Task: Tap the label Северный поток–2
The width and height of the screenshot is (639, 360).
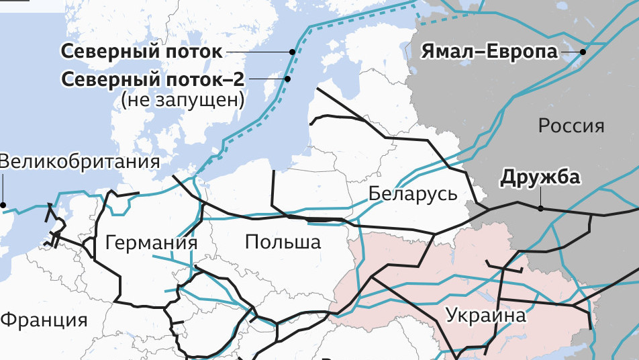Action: coord(153,79)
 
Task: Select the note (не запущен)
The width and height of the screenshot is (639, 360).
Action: coord(182,100)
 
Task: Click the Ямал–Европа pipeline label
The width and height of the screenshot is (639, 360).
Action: coord(489,52)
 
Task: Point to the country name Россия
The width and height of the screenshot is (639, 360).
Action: coord(571,126)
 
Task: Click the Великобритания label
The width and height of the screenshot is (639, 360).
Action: coord(79,162)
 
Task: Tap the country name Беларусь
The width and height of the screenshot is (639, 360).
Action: coord(413,194)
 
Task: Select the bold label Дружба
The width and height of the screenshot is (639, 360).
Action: coord(540,178)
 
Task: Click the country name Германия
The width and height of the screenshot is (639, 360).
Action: coord(152,242)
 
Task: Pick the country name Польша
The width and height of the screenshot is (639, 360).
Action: coord(283,242)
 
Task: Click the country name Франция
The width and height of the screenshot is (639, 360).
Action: coord(44,319)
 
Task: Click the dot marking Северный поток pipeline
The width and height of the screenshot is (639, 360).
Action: coord(293,52)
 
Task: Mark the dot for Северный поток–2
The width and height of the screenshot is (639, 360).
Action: coord(287,79)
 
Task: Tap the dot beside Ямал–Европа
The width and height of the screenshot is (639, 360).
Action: coord(583,52)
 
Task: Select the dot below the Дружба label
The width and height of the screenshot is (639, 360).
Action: coord(540,208)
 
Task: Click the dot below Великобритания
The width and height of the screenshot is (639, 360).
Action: coord(3,205)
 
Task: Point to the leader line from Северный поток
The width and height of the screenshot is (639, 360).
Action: coord(258,52)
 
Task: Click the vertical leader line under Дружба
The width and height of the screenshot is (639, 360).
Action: coord(540,197)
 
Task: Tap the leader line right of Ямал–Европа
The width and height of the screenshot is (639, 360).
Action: coord(571,52)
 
